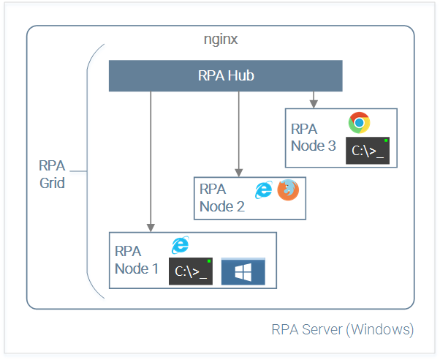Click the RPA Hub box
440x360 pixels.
226,75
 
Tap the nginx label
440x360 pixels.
221,40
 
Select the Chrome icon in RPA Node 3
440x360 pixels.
359,122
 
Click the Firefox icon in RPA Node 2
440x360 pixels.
288,190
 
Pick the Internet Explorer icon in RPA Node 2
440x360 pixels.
264,190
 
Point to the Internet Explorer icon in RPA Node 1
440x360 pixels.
181,245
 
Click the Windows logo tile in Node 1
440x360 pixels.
243,271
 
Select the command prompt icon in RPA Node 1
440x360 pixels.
191,271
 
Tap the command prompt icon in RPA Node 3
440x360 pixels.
368,151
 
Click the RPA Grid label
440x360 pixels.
52,174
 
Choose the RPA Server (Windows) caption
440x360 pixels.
343,329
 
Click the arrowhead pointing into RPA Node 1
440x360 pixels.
151,228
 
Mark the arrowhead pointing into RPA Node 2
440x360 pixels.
239,173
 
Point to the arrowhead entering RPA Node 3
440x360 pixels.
314,104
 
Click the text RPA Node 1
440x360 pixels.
137,260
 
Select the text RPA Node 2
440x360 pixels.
222,198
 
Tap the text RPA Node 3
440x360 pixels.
314,138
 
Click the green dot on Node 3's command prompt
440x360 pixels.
386,140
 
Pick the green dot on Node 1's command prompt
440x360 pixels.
209,261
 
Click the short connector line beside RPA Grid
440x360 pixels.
78,171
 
